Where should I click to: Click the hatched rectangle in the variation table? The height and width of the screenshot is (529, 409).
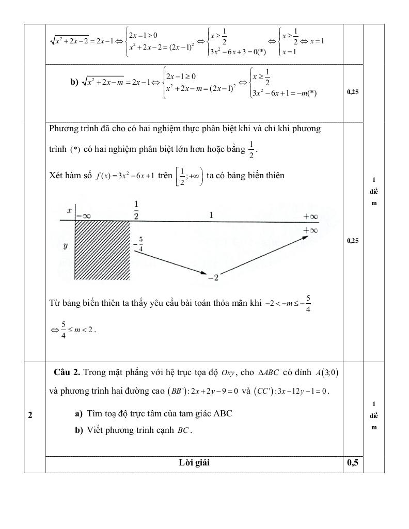102,250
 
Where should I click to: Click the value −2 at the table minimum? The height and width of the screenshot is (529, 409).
213,278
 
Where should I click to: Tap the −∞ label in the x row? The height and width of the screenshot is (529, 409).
83,216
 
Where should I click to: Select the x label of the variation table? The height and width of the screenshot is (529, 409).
68,211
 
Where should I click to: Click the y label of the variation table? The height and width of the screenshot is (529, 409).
66,246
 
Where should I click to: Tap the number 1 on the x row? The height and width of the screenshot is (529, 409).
211,214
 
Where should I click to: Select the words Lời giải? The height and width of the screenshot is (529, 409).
194,463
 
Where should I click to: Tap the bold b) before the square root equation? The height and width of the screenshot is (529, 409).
74,82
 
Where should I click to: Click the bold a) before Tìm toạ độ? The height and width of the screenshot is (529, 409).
78,413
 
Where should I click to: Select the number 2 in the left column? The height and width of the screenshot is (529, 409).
30,415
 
